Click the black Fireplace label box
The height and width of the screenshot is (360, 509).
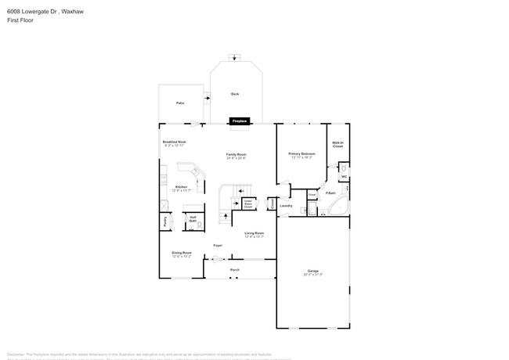click(x=238, y=121)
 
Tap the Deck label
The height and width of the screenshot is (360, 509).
click(x=234, y=94)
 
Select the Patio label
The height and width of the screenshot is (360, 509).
click(x=179, y=103)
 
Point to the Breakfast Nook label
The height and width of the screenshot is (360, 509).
click(x=174, y=142)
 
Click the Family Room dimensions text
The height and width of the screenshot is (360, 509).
click(x=236, y=158)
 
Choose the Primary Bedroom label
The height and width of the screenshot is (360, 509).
click(x=301, y=153)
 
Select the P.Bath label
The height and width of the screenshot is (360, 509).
click(x=331, y=193)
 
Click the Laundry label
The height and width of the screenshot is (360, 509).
click(x=286, y=206)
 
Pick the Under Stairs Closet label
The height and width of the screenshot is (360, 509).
click(x=247, y=203)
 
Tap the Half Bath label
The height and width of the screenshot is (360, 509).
click(x=193, y=219)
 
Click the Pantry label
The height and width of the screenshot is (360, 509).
click(x=165, y=221)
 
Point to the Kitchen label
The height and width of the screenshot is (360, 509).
click(x=181, y=187)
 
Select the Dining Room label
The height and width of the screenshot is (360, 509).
click(x=182, y=253)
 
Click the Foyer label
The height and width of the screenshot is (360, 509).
click(x=218, y=246)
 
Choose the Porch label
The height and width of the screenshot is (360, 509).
click(x=234, y=270)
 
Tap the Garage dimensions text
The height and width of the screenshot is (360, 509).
click(x=313, y=275)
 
